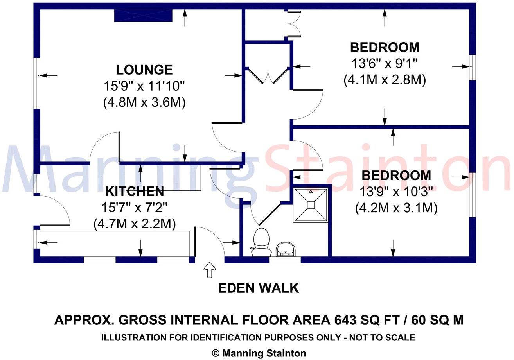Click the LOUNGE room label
pyautogui.click(x=144, y=70)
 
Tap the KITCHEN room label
pyautogui.click(x=135, y=192)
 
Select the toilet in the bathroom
pyautogui.click(x=261, y=242)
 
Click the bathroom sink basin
pyautogui.click(x=286, y=249)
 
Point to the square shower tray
pyautogui.click(x=311, y=205)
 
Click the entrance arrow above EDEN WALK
pyautogui.click(x=210, y=270)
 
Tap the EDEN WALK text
pyautogui.click(x=259, y=288)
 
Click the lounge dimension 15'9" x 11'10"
pyautogui.click(x=144, y=86)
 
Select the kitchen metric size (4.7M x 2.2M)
pyautogui.click(x=135, y=224)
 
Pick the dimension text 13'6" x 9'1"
pyautogui.click(x=385, y=63)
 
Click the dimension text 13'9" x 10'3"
pyautogui.click(x=396, y=192)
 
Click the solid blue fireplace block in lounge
pyautogui.click(x=143, y=15)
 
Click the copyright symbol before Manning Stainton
pyautogui.click(x=215, y=353)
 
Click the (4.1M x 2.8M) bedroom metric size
pyautogui.click(x=385, y=80)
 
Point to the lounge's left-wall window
pyautogui.click(x=37, y=83)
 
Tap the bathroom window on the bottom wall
pyautogui.click(x=284, y=260)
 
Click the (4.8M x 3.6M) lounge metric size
pyautogui.click(x=144, y=102)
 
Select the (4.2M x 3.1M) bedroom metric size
pyautogui.click(x=396, y=208)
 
